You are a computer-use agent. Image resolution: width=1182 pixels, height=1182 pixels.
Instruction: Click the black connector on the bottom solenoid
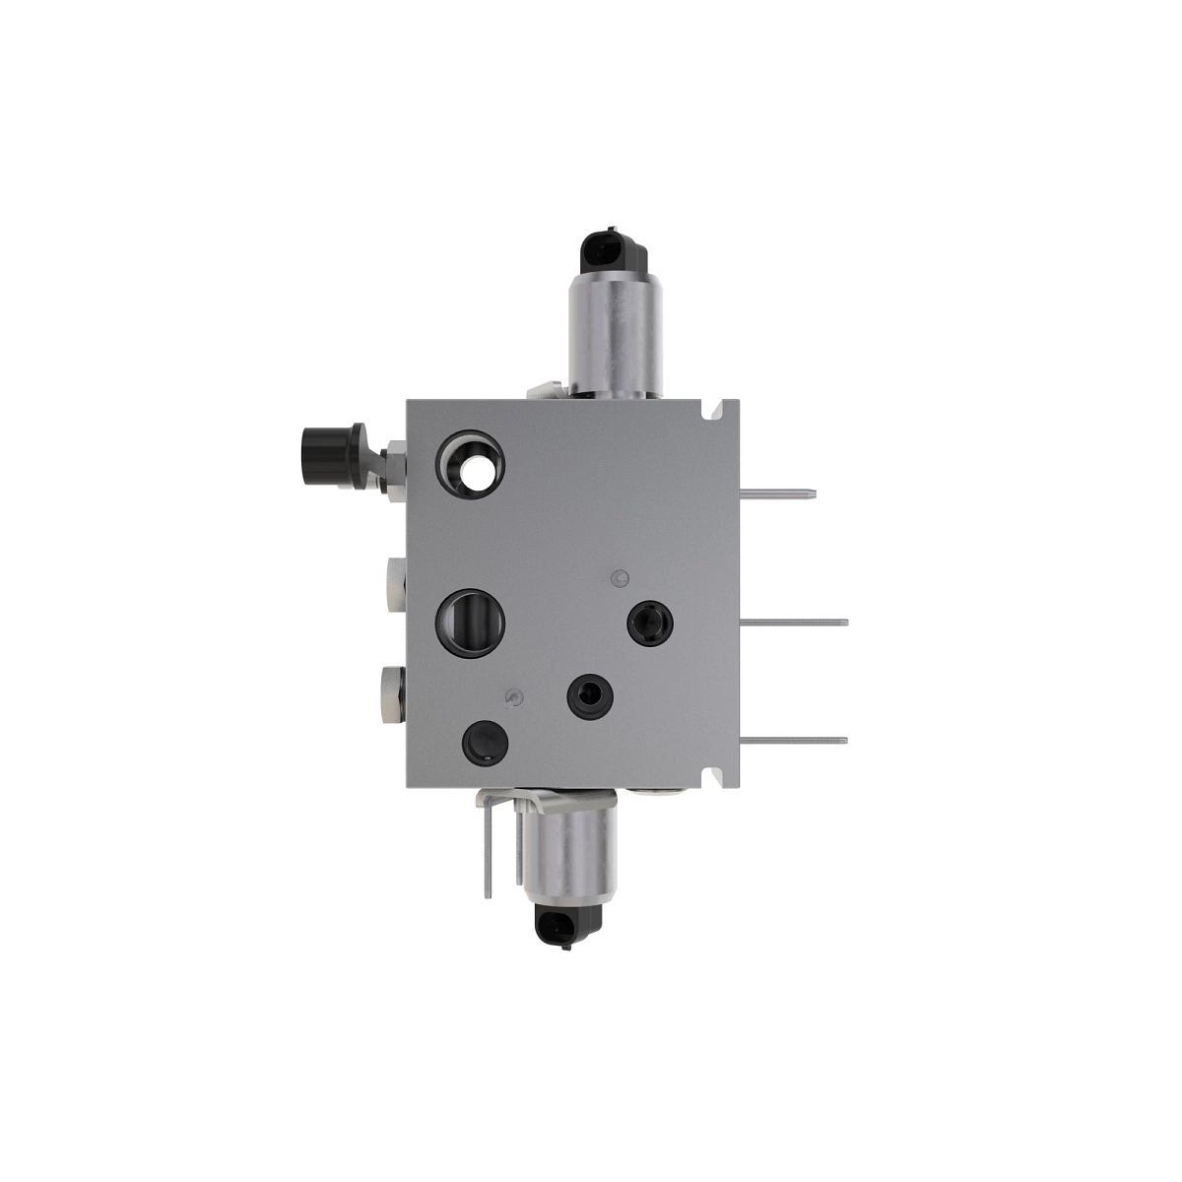tap(567, 926)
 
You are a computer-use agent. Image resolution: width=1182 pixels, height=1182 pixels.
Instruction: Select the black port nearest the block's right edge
tap(651, 623)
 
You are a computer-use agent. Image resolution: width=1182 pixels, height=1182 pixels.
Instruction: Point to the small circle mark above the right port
tap(619, 577)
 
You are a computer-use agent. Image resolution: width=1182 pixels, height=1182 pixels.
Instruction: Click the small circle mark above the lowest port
tap(510, 697)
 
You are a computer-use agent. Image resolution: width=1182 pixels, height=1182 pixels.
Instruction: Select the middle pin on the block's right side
tap(794, 621)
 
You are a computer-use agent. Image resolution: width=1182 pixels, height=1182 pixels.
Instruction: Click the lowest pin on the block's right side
tap(794, 740)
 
